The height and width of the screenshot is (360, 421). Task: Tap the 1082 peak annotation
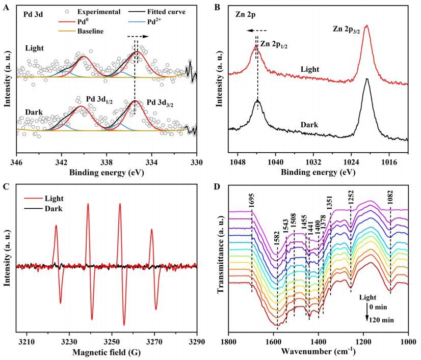click(390, 202)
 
